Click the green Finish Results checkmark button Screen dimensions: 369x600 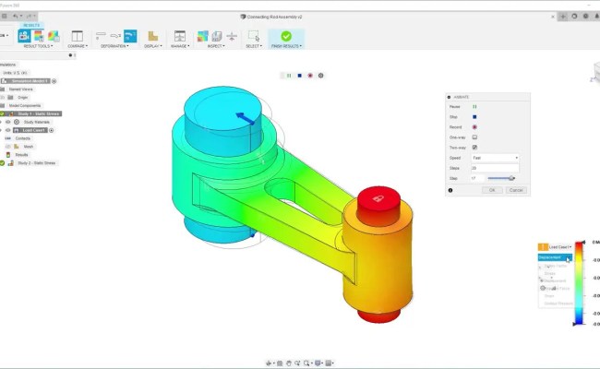click(285, 36)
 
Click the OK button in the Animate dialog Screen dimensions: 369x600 click(493, 189)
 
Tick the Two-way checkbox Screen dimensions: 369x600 click(474, 148)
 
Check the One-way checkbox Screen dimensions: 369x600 click(474, 137)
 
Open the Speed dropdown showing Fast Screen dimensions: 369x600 click(495, 158)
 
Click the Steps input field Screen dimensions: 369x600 click(495, 168)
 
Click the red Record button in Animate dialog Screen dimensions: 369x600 click(474, 127)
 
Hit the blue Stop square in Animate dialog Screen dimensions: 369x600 click(474, 117)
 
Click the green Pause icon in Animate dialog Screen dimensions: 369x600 click(474, 107)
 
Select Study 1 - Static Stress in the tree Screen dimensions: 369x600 click(36, 113)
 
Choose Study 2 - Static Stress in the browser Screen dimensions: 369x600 click(36, 162)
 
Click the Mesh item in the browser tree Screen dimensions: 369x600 click(28, 146)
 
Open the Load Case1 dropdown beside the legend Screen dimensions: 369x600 click(556, 246)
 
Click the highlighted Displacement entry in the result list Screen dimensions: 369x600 click(554, 257)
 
